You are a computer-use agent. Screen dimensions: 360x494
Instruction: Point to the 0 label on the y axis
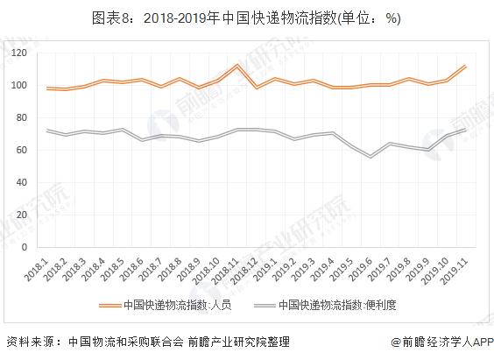33,247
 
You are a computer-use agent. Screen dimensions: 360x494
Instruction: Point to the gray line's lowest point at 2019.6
371,157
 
